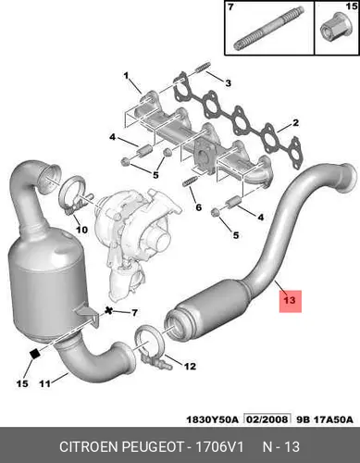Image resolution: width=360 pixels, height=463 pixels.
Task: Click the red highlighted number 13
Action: tap(290, 301)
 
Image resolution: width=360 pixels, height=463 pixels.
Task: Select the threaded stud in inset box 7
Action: tap(268, 30)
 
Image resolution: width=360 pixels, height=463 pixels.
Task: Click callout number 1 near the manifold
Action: tap(126, 76)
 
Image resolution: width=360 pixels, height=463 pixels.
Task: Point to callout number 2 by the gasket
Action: tap(295, 123)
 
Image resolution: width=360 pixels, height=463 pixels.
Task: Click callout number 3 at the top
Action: tap(228, 83)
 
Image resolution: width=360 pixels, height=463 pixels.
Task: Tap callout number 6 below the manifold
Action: tap(198, 207)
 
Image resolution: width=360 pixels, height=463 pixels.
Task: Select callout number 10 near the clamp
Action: tap(81, 230)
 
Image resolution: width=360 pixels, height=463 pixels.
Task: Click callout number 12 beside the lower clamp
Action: tap(190, 367)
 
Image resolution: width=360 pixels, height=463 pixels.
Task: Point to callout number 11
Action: tap(44, 384)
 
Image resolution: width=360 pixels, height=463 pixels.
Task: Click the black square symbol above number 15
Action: tap(35, 354)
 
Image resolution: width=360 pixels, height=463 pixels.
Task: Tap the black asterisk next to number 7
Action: tap(108, 311)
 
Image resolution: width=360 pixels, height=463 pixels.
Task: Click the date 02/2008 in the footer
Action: tap(267, 419)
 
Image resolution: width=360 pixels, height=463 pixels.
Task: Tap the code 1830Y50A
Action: tap(212, 419)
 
